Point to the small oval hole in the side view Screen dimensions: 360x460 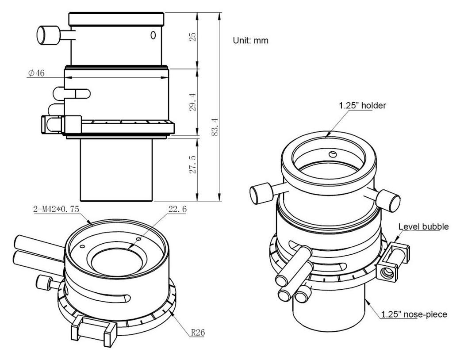point(153,35)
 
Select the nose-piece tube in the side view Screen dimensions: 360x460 point(116,170)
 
